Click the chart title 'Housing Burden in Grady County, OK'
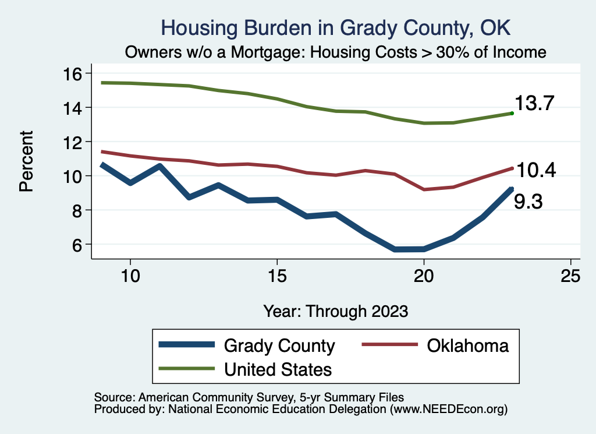(x=335, y=28)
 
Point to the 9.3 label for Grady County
(x=528, y=202)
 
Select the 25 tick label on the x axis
(x=570, y=276)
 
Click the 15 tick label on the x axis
(x=277, y=276)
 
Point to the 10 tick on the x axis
(x=130, y=276)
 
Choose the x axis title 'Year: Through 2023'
(x=335, y=310)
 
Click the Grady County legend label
(x=279, y=345)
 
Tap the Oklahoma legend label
(x=467, y=345)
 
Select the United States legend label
(x=278, y=369)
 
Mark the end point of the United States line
(x=512, y=113)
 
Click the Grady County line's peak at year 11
(x=159, y=166)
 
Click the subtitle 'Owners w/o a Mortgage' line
(x=335, y=52)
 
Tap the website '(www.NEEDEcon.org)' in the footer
(x=448, y=409)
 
